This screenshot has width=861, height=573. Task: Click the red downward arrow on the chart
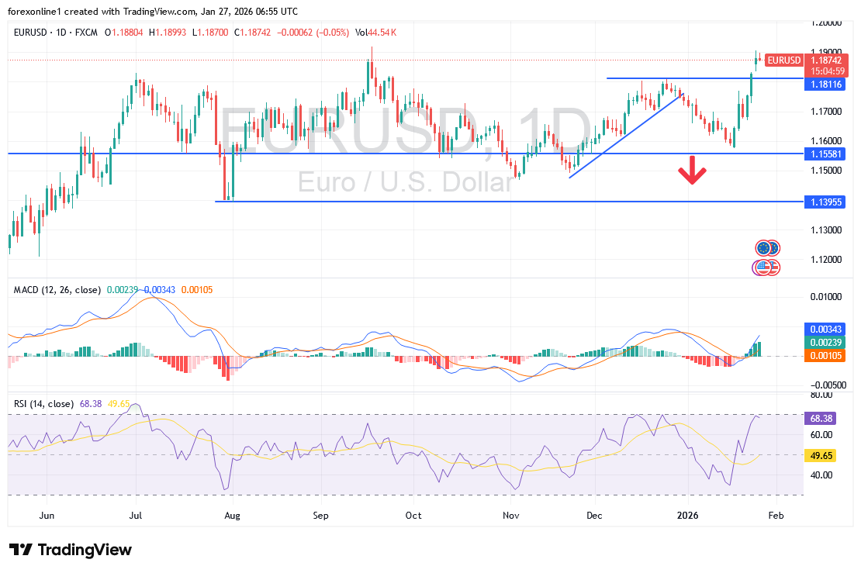coord(692,172)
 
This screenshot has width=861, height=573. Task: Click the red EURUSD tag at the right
coord(783,60)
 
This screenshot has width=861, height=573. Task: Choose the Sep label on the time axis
coord(322,515)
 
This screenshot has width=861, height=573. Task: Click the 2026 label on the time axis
coord(688,515)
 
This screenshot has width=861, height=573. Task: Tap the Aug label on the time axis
coord(230,515)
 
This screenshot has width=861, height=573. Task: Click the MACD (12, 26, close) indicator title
coord(57,290)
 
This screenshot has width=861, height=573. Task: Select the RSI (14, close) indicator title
coord(44,404)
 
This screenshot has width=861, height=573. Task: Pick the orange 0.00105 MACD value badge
coord(821,356)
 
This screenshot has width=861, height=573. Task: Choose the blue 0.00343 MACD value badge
coord(821,329)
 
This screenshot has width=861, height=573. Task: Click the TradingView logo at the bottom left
coord(71,550)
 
